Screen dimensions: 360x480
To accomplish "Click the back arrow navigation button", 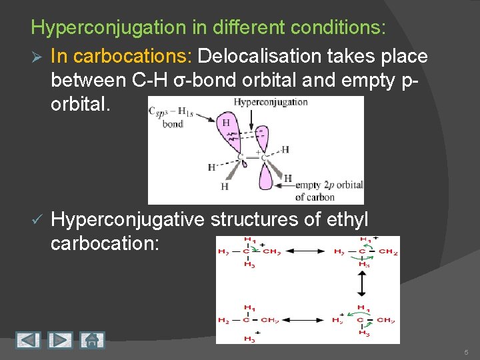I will pos(27,340).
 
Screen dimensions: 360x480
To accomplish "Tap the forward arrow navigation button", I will pos(60,340).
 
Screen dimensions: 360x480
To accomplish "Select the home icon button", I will pos(91,340).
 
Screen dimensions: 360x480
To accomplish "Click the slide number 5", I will pos(466,351).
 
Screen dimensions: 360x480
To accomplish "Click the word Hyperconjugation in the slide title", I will pos(99,27).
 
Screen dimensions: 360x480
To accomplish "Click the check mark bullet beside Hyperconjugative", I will pos(37,219).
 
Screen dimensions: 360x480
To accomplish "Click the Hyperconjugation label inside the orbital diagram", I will pos(271,102).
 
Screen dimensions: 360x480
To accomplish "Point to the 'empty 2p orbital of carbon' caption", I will pos(329,191).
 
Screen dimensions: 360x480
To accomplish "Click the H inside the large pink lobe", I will pos(226,123).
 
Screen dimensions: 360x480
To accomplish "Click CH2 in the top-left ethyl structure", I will pos(270,251).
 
